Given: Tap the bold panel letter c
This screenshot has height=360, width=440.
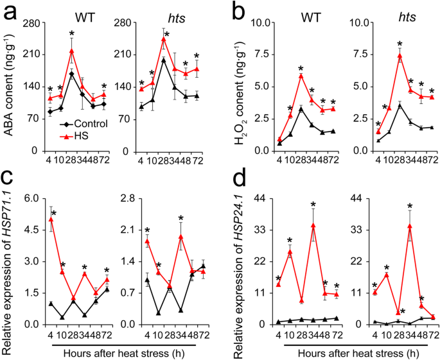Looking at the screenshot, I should point(10,193).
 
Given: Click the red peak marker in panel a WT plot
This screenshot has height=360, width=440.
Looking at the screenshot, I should point(71,51).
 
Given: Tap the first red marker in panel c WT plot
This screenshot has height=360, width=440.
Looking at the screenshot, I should point(51,219).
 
